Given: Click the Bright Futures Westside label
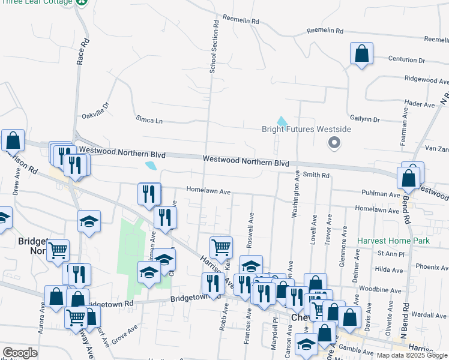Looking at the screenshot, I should coord(306,129).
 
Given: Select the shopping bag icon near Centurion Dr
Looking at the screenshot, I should coord(362,54).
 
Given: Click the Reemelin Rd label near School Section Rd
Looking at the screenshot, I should coord(241,20).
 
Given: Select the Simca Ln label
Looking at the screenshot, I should coord(149,120).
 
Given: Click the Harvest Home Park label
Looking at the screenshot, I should coord(393,241).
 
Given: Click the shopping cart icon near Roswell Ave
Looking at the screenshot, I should coord(221,247).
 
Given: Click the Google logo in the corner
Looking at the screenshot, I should coord(20,353).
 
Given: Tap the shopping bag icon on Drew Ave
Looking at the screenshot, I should coord(13,140).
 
